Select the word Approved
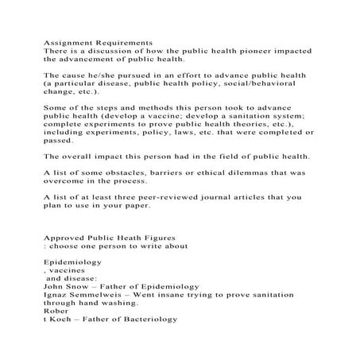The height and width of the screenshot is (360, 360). point(67,236)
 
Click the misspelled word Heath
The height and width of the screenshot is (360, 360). point(133,236)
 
